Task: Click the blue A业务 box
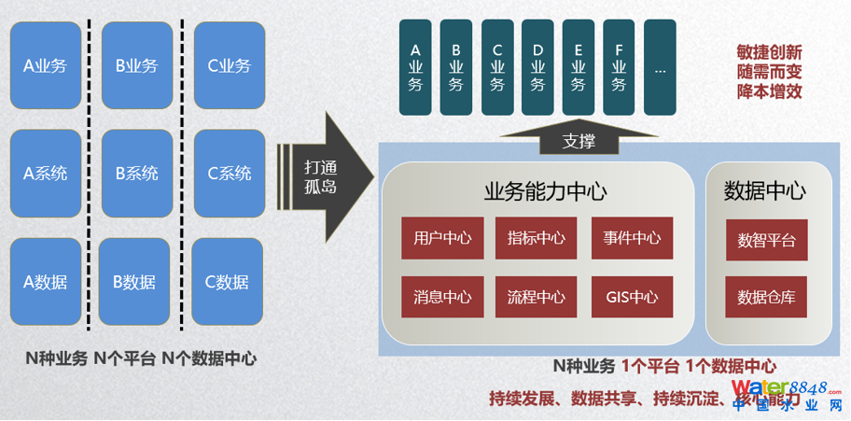click(45, 65)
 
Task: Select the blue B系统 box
click(136, 173)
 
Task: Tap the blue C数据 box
click(227, 282)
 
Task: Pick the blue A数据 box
click(45, 282)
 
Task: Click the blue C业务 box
click(229, 65)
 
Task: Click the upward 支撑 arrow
click(579, 140)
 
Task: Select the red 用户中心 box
click(442, 238)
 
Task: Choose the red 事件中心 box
click(632, 238)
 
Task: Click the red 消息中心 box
click(442, 298)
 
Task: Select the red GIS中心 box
click(632, 298)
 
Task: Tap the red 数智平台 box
click(767, 240)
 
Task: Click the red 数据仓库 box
click(767, 297)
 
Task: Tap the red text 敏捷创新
click(769, 52)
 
